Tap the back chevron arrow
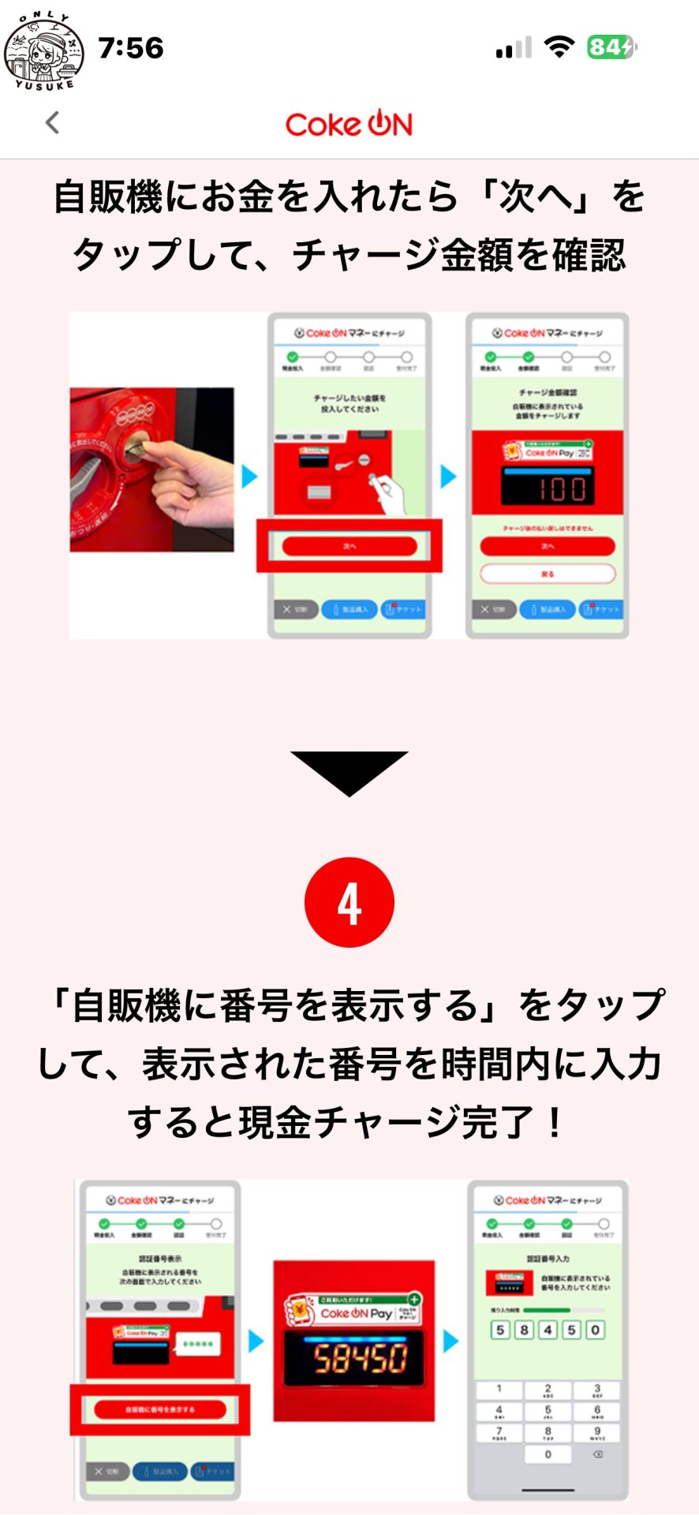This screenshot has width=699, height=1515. (x=53, y=123)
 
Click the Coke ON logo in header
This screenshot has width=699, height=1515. (x=349, y=125)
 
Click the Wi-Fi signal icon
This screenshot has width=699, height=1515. (x=559, y=47)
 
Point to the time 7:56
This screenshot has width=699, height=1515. (x=131, y=48)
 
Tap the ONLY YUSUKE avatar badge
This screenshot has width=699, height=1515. (x=43, y=50)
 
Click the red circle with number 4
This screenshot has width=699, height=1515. (x=349, y=903)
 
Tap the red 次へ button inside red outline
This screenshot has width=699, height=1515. (x=349, y=546)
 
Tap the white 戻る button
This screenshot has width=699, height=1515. (x=548, y=574)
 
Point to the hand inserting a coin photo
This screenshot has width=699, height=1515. (x=152, y=469)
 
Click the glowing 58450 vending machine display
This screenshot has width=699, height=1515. (x=355, y=1358)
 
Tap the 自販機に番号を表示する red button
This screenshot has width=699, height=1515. (x=160, y=1409)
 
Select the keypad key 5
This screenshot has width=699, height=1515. (x=548, y=1410)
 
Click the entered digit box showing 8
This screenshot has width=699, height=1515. (x=524, y=1330)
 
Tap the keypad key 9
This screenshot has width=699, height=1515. (x=597, y=1432)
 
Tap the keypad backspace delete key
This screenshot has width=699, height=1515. (x=597, y=1454)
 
